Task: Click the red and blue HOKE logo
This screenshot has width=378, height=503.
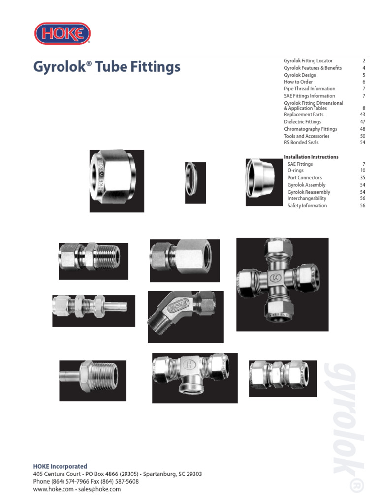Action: [63, 33]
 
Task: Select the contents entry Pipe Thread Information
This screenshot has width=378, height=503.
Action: [310, 89]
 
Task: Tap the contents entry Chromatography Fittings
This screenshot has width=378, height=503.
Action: [311, 129]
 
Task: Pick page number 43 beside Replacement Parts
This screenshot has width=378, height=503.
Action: [363, 115]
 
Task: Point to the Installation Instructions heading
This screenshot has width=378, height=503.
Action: [311, 157]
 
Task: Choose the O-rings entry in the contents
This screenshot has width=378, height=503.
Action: [295, 170]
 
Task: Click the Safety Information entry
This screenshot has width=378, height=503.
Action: [307, 206]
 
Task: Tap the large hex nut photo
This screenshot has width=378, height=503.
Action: [117, 181]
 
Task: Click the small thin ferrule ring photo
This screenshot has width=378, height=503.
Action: [195, 183]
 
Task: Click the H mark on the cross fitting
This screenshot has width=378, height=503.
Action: [276, 278]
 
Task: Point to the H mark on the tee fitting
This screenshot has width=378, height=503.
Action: [189, 364]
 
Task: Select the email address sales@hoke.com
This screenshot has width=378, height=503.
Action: [99, 490]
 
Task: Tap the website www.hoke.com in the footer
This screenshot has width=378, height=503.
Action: [53, 490]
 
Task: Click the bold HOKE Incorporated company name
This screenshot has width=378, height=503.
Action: [60, 467]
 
